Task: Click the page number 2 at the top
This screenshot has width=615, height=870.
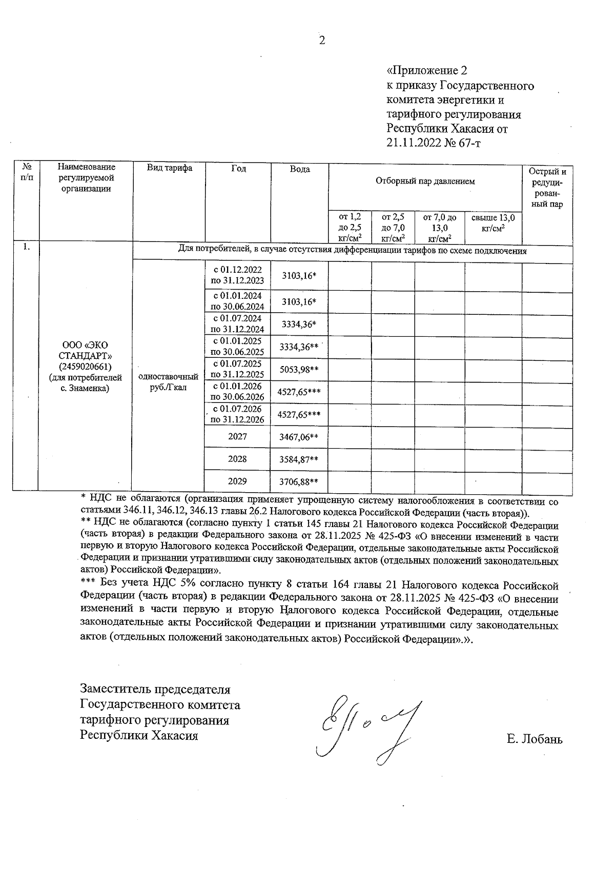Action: tap(322, 41)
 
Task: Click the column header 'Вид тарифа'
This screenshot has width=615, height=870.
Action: tap(169, 168)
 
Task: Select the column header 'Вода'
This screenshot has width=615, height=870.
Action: tap(299, 169)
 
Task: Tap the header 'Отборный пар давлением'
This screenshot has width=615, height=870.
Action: tap(425, 181)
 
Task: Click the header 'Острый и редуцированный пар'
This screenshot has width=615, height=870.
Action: tap(547, 188)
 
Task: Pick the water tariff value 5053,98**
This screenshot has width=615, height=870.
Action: tap(299, 370)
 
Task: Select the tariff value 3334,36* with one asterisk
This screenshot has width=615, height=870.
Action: tap(299, 324)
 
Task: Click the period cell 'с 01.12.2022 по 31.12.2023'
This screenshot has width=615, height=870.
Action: tap(237, 275)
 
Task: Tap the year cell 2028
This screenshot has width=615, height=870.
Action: tap(237, 459)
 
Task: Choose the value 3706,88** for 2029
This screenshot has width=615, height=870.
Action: tap(299, 482)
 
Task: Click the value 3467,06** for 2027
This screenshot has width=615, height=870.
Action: tap(299, 437)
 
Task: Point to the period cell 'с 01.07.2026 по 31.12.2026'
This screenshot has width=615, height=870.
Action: tap(237, 414)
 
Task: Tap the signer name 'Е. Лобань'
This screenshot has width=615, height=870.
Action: tap(534, 739)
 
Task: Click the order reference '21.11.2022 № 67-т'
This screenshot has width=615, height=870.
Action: tap(434, 143)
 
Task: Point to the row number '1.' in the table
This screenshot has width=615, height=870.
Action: tap(26, 247)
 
